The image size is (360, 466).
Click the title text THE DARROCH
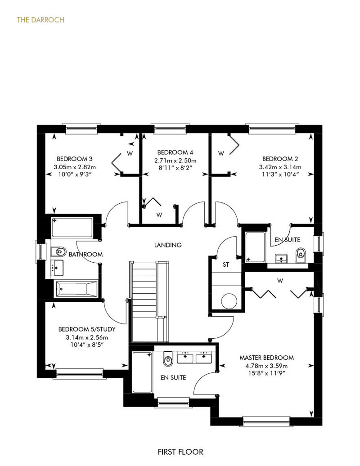point(40,20)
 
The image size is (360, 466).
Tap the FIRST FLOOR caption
point(180,452)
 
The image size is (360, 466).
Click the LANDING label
point(168,245)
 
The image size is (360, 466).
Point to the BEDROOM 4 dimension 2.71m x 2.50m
point(175,161)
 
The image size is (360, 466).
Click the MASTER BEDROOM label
point(267,358)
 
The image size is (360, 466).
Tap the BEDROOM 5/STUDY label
point(87,329)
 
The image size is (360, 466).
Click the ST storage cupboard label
point(226,264)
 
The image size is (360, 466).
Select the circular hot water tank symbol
point(229,301)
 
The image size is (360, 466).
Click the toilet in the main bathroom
point(58,252)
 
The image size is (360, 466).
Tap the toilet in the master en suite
point(168,359)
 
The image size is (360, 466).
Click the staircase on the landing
point(149,301)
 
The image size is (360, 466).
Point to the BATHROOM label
point(85,255)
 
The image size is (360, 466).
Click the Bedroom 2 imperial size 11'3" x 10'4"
point(280,175)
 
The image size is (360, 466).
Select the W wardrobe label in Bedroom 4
point(159,215)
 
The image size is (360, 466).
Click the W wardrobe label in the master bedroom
point(280,281)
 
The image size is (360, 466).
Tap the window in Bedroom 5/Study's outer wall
point(79,374)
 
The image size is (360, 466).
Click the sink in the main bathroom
point(57,268)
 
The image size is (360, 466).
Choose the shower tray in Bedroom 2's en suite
point(255,247)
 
